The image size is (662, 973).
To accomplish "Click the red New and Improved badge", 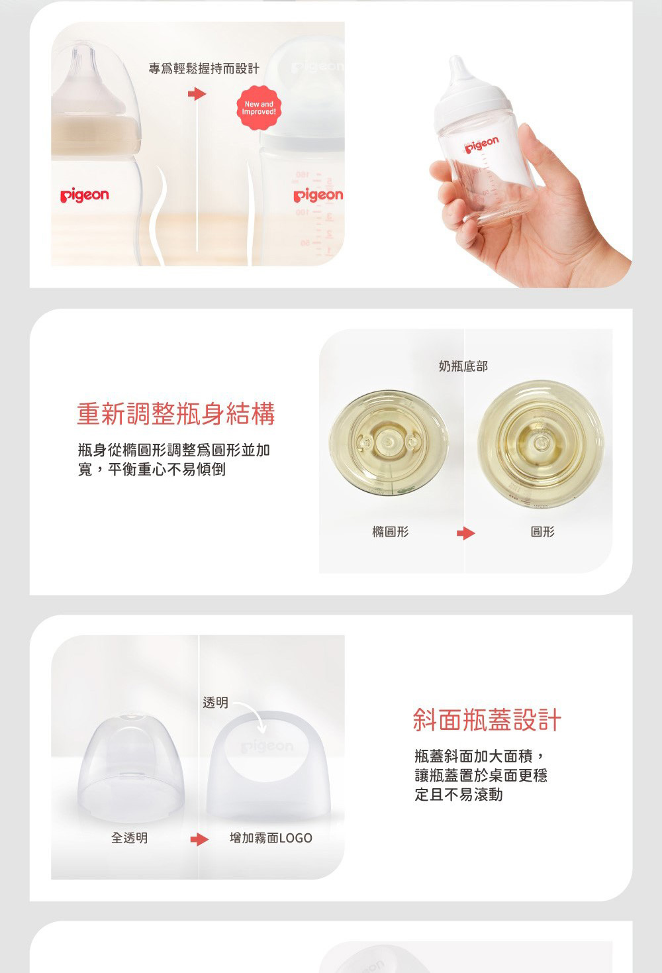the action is click(259, 108).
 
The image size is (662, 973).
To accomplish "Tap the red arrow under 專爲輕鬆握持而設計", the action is click(197, 93).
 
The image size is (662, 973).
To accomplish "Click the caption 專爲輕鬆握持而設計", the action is click(204, 69).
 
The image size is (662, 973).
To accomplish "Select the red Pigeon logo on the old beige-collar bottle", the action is click(85, 196).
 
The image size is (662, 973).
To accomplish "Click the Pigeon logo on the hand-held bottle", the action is click(482, 144).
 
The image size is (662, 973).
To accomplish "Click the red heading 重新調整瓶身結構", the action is click(176, 413).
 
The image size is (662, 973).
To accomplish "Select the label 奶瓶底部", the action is click(463, 366).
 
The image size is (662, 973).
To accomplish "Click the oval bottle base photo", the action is click(389, 442).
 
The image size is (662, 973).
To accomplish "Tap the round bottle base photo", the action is click(540, 443).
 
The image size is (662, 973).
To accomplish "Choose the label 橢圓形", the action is click(391, 532).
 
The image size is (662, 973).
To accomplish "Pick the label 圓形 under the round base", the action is click(543, 532).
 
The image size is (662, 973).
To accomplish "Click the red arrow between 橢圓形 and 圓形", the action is click(466, 533).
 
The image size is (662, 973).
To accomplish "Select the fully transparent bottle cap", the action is click(131, 768).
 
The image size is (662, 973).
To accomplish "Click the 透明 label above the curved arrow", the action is click(215, 702).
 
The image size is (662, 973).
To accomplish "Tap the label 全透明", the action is click(129, 838).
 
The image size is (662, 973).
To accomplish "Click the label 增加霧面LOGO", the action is click(271, 838).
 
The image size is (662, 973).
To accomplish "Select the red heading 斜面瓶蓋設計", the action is click(487, 719).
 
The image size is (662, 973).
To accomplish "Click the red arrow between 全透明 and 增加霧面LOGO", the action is click(199, 839).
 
